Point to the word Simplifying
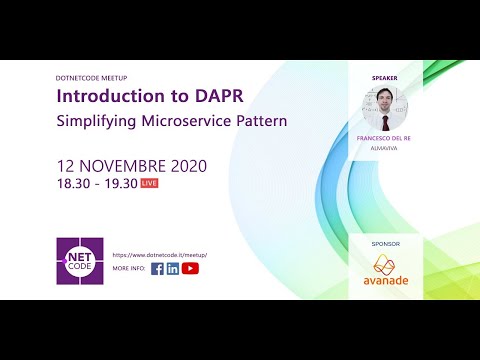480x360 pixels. [x=95, y=121]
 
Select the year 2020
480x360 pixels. [x=170, y=165]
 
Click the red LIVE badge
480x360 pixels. [x=149, y=184]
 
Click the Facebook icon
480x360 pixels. [x=157, y=268]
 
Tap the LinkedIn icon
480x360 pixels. [x=173, y=268]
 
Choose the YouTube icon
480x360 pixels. [x=190, y=268]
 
